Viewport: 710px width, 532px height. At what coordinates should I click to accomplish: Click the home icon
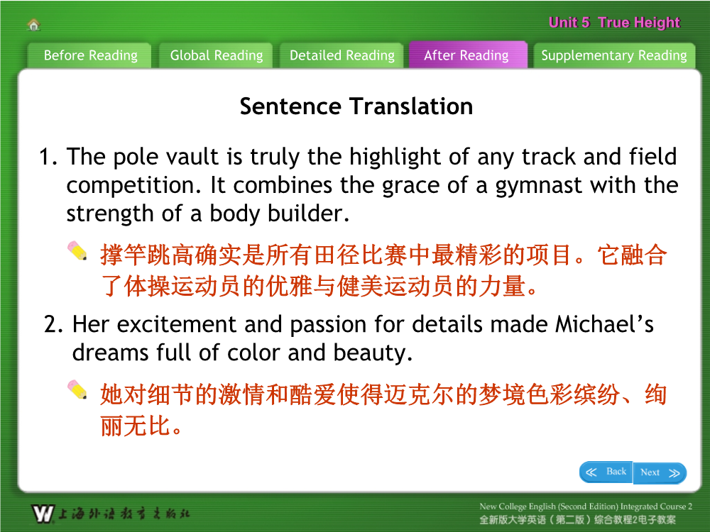pos(34,24)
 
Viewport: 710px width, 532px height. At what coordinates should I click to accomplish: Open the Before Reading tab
pos(90,55)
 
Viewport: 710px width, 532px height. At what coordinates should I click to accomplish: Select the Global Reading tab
pos(216,55)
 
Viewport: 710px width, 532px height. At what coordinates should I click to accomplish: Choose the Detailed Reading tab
pos(342,55)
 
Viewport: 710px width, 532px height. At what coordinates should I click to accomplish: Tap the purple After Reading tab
pos(467,55)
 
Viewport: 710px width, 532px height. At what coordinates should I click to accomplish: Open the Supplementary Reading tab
pos(614,55)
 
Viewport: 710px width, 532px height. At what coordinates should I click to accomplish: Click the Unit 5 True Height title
pos(614,23)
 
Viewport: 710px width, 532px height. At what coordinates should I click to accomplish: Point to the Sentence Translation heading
pos(356,107)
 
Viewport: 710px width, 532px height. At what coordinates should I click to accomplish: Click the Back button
pos(606,472)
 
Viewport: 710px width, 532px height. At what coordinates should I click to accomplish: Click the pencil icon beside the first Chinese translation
pos(77,251)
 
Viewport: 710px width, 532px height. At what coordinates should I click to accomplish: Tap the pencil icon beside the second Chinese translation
pos(77,389)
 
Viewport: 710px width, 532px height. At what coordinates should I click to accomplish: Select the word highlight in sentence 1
pos(395,157)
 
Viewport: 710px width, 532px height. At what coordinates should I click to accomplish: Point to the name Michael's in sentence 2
pos(604,325)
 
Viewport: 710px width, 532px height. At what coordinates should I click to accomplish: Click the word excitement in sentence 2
pos(177,325)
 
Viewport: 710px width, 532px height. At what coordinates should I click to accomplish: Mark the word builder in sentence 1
pos(308,214)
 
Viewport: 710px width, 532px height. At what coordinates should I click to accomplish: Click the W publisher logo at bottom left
pos(43,514)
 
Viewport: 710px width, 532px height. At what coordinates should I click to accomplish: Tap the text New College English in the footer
pos(518,506)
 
